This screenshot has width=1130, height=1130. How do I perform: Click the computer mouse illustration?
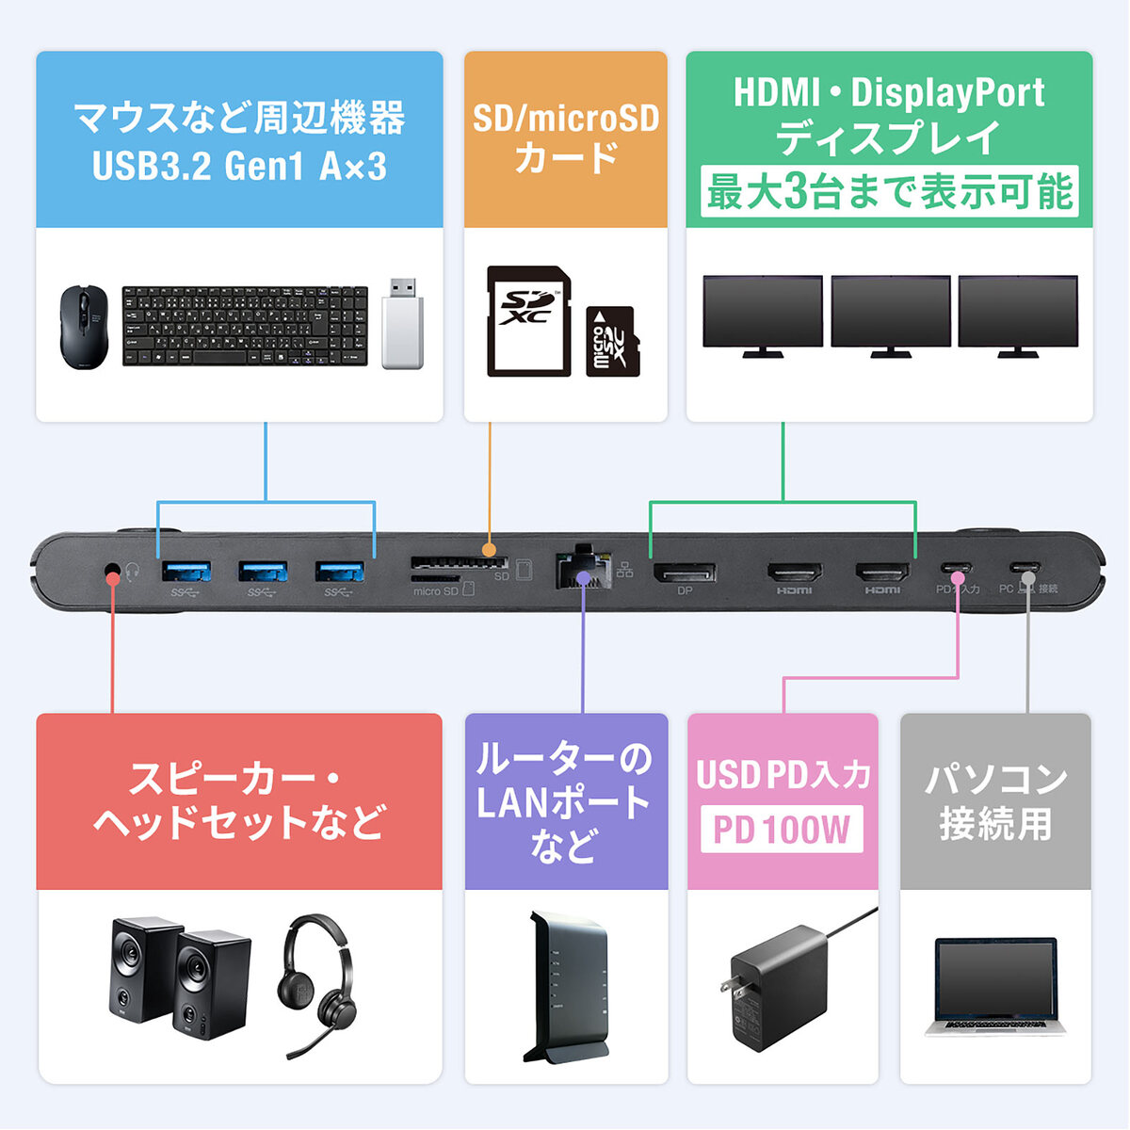[84, 327]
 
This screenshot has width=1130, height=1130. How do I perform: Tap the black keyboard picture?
[245, 327]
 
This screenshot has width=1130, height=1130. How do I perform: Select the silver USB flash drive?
[402, 323]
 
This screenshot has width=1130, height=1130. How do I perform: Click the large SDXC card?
[528, 322]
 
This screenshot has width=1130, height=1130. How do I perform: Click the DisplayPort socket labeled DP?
[685, 572]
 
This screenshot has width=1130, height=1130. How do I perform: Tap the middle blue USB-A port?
[263, 571]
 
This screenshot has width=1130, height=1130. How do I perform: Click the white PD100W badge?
[782, 830]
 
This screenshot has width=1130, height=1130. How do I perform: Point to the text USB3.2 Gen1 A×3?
[239, 167]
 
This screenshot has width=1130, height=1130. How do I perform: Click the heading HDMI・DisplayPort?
[889, 93]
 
